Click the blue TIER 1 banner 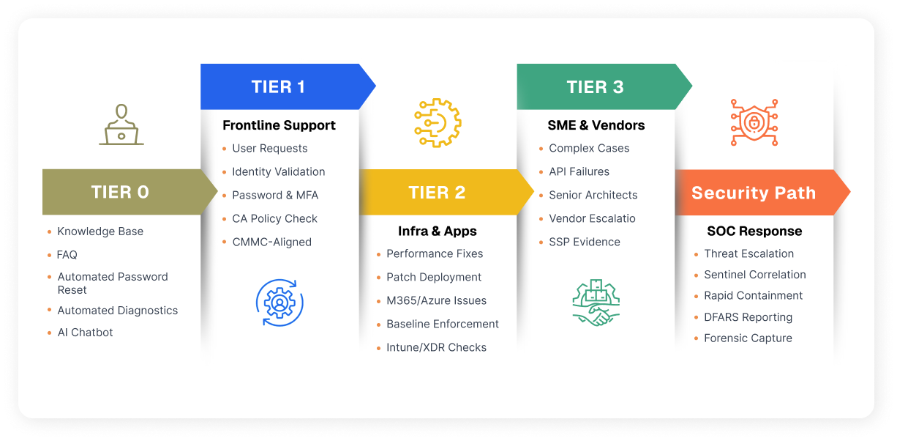[x=279, y=87]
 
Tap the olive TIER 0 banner [x=120, y=192]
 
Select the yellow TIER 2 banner [x=437, y=193]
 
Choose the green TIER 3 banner [x=595, y=87]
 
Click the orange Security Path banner [x=753, y=193]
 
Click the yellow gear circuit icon [x=438, y=122]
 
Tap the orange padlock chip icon [x=754, y=122]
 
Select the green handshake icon [x=596, y=302]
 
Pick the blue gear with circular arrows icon [x=279, y=302]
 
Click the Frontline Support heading [x=279, y=125]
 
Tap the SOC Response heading [x=754, y=231]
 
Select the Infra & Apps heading [x=437, y=231]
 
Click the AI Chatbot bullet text [x=85, y=332]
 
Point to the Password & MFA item [x=275, y=195]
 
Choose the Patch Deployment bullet [x=434, y=277]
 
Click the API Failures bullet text [x=579, y=171]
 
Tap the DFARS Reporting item [x=748, y=317]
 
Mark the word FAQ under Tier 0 [x=67, y=255]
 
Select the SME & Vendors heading [x=596, y=125]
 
